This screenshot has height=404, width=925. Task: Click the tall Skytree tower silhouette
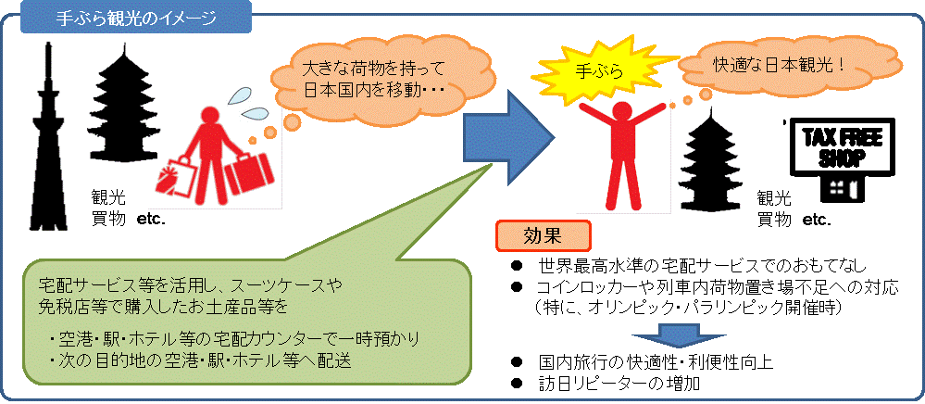pyautogui.click(x=44, y=148)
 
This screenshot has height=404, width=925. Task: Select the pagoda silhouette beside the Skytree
pyautogui.click(x=124, y=102)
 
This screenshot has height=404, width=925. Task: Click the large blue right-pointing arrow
pyautogui.click(x=507, y=139)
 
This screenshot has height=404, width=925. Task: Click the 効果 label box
pyautogui.click(x=543, y=234)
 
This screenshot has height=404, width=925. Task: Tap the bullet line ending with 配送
pyautogui.click(x=204, y=359)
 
